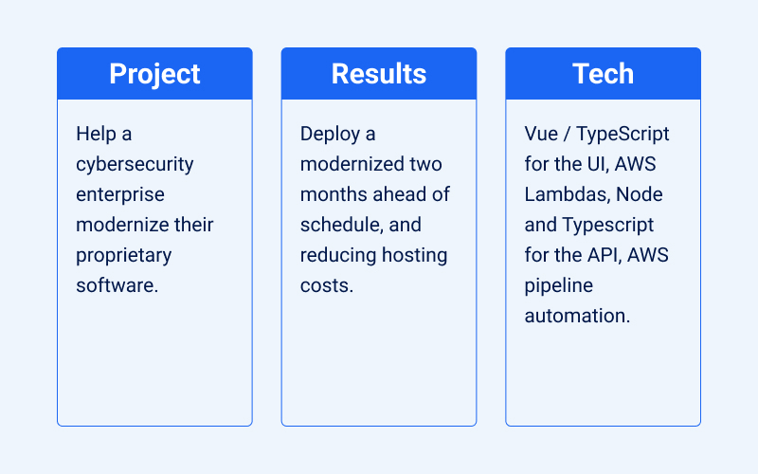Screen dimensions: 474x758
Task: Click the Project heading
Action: [154, 74]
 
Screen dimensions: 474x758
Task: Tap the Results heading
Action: [378, 74]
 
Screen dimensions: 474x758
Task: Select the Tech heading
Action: [603, 74]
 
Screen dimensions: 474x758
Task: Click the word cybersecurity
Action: [135, 164]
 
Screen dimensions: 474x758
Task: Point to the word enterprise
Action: [120, 194]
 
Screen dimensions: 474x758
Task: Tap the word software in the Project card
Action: [115, 285]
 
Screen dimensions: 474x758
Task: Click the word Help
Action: [97, 134]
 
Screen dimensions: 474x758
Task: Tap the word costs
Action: [326, 285]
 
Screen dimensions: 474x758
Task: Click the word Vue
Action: [542, 134]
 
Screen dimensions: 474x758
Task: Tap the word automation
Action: [577, 316]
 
